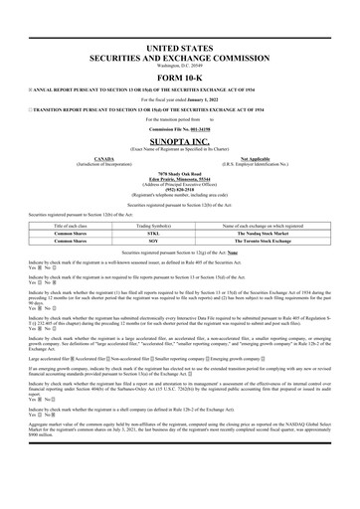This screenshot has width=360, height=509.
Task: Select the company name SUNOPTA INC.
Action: tap(179, 143)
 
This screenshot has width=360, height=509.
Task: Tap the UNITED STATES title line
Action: tap(179, 48)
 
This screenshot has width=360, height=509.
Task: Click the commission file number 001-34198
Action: tap(200, 130)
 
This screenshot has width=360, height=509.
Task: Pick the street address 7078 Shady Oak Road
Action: tap(179, 172)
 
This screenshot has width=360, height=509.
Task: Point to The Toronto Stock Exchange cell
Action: tap(274, 241)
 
